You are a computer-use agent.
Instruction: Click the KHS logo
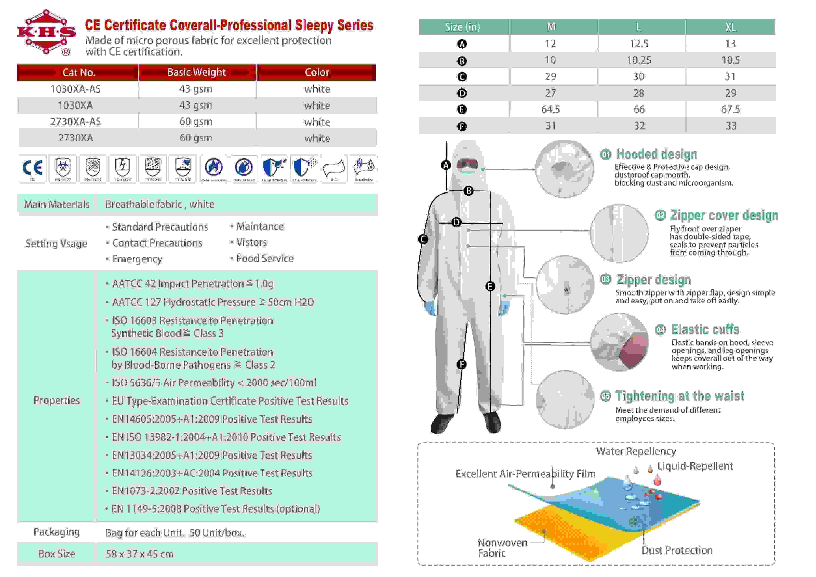pyautogui.click(x=46, y=33)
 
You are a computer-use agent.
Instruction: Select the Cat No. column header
pyautogui.click(x=79, y=73)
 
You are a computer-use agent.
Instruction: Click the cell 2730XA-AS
pyautogui.click(x=75, y=122)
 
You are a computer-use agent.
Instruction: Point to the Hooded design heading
pyautogui.click(x=656, y=154)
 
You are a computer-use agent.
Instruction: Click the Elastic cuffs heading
pyautogui.click(x=705, y=329)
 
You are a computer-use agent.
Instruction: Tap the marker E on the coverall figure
pyautogui.click(x=490, y=286)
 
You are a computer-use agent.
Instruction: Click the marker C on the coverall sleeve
pyautogui.click(x=423, y=239)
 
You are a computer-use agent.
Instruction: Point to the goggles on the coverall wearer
pyautogui.click(x=467, y=164)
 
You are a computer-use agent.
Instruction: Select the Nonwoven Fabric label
pyautogui.click(x=502, y=548)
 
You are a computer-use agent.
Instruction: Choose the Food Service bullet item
pyautogui.click(x=265, y=258)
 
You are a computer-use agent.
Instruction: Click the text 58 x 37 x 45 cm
pyautogui.click(x=139, y=554)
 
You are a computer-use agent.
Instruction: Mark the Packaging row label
pyautogui.click(x=57, y=532)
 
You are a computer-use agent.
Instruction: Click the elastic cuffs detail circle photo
pyautogui.click(x=619, y=342)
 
